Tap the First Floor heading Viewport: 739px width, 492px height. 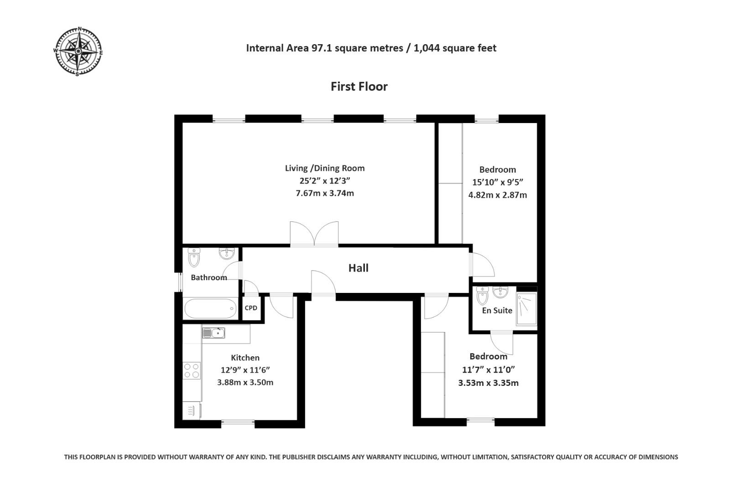359,87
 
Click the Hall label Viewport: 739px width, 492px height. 359,268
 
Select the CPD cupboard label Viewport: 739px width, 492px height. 251,308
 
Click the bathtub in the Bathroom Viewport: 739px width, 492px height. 210,308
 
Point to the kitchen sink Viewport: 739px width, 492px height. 213,333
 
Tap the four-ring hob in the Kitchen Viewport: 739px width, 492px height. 191,370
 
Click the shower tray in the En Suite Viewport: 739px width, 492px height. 526,309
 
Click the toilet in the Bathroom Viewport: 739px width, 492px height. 194,257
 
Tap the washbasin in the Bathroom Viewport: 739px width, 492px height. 227,253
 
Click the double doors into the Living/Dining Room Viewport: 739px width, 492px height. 314,235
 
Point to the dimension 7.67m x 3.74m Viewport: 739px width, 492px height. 325,193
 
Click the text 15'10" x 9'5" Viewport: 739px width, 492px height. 497,182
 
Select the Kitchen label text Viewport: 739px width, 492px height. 245,358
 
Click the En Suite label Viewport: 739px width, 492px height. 497,310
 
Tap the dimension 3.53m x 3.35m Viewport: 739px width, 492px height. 488,383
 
